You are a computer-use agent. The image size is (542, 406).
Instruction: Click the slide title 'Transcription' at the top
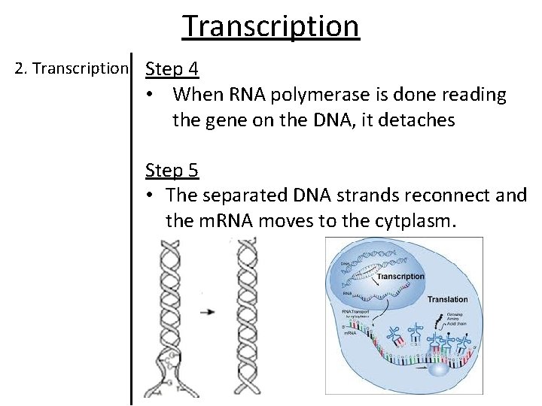pyautogui.click(x=271, y=26)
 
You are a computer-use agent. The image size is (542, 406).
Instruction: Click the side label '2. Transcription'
pyautogui.click(x=72, y=68)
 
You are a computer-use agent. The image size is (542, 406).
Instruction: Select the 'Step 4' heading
pyautogui.click(x=172, y=69)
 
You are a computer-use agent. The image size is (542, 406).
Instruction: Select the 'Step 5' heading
pyautogui.click(x=172, y=171)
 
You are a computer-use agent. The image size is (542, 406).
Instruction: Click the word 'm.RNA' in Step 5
pyautogui.click(x=192, y=221)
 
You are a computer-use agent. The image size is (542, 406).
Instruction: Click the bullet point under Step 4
pyautogui.click(x=151, y=95)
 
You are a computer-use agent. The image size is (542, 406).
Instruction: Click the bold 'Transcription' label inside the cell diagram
pyautogui.click(x=400, y=277)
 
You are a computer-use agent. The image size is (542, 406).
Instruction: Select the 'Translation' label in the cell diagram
pyautogui.click(x=447, y=299)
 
